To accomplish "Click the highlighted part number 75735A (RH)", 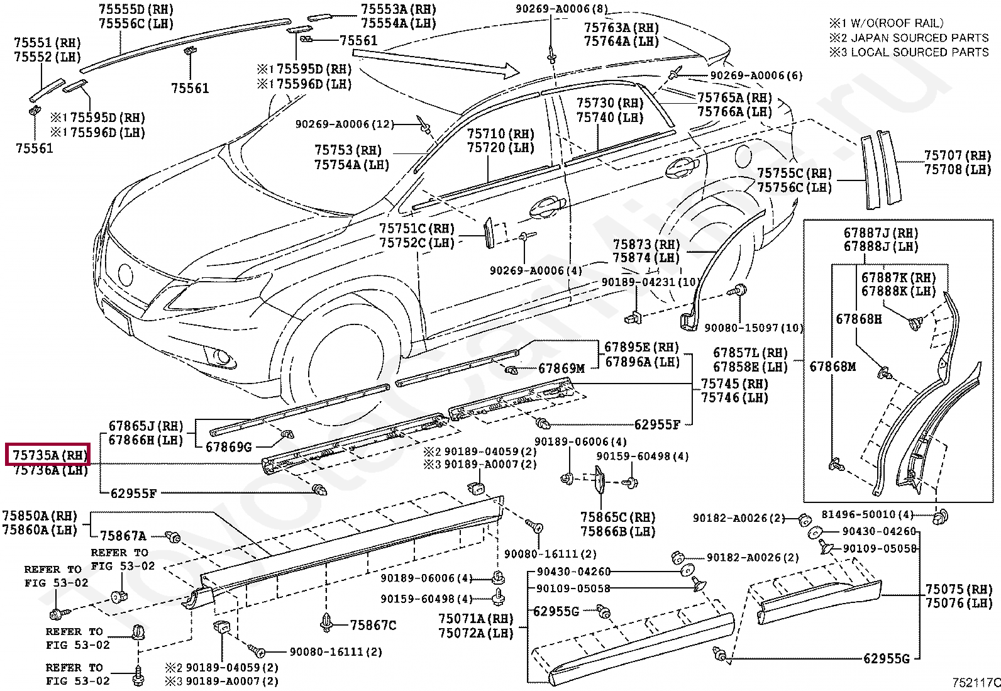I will tap(48, 455).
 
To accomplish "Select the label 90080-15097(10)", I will tap(753, 328).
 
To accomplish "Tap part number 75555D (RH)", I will tap(136, 9).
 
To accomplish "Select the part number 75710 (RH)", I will tap(501, 134).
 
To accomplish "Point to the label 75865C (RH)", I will tap(617, 517).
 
